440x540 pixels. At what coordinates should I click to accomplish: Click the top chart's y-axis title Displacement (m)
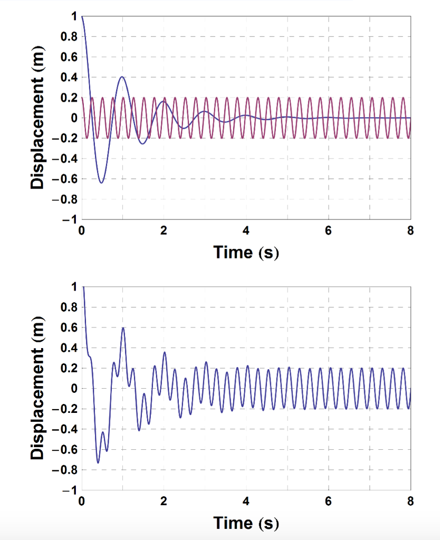[x=38, y=118]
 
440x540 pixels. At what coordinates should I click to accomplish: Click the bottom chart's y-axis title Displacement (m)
[x=38, y=388]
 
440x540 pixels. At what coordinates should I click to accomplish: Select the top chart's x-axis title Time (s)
[x=246, y=252]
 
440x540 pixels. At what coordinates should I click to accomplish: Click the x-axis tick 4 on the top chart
[x=246, y=230]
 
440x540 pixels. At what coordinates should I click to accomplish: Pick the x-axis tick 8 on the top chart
[x=410, y=230]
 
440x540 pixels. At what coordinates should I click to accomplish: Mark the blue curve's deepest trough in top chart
[x=101, y=182]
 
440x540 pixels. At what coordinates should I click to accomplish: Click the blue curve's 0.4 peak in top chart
[x=122, y=77]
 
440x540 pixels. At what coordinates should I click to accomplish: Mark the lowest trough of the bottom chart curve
[x=98, y=463]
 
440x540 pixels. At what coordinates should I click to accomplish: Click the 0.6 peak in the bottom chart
[x=123, y=327]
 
